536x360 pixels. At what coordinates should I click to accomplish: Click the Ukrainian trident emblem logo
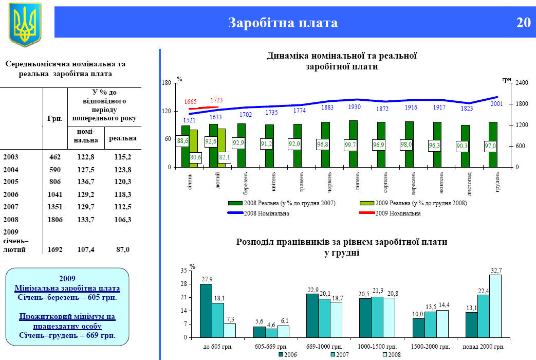pos(25,24)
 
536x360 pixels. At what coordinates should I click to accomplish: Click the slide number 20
pos(523,23)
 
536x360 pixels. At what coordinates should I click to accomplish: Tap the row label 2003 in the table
pos(11,156)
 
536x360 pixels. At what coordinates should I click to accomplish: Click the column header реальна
pos(123,138)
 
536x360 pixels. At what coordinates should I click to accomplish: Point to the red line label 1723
pos(216,100)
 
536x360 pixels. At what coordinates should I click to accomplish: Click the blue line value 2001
pos(496,104)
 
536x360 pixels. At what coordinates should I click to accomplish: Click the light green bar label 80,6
pos(195,157)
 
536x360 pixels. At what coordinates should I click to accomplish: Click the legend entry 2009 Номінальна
pos(398,213)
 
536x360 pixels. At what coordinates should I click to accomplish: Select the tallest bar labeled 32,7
pos(495,306)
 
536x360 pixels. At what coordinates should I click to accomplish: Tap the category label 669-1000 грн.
pos(324,347)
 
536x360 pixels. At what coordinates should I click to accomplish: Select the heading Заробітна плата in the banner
pos(283,23)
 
